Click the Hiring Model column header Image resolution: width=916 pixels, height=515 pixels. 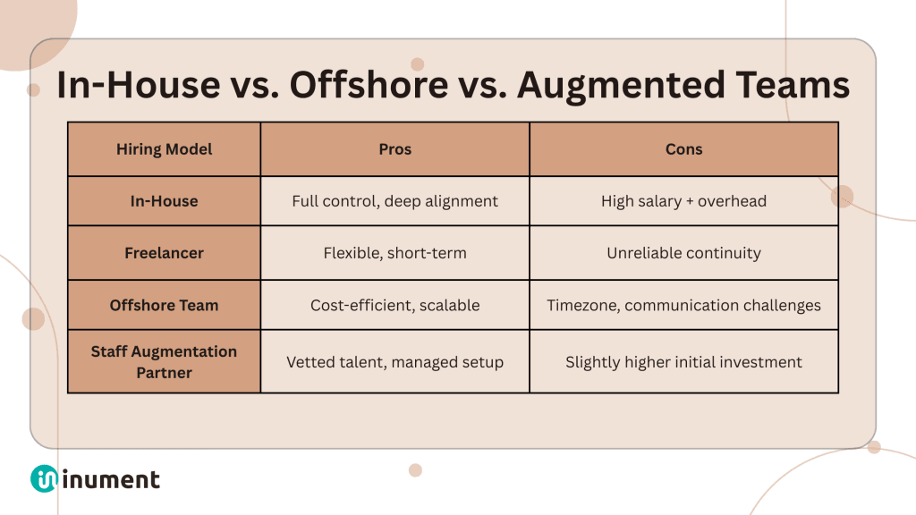(x=165, y=149)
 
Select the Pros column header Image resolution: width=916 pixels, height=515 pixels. (x=394, y=149)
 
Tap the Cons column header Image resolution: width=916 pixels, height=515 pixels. (x=683, y=149)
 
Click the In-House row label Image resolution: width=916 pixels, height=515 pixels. (x=165, y=201)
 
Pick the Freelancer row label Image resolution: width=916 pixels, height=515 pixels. (x=165, y=253)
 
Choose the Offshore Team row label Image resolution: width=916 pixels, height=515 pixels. (x=165, y=305)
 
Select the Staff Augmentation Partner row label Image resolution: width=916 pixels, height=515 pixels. (x=165, y=361)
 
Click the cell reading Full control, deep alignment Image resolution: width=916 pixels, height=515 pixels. (x=394, y=201)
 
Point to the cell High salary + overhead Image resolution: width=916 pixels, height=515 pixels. (x=683, y=201)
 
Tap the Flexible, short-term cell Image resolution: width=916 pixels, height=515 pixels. (x=394, y=253)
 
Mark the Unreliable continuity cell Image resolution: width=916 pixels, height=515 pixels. (x=683, y=253)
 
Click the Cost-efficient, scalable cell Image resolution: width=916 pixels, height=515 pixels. (x=394, y=305)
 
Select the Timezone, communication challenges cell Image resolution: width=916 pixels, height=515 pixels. (x=683, y=305)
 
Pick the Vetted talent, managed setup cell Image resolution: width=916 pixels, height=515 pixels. (x=394, y=362)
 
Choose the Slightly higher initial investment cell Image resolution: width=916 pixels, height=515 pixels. (x=683, y=362)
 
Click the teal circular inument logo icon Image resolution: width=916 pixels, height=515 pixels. (x=44, y=479)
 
